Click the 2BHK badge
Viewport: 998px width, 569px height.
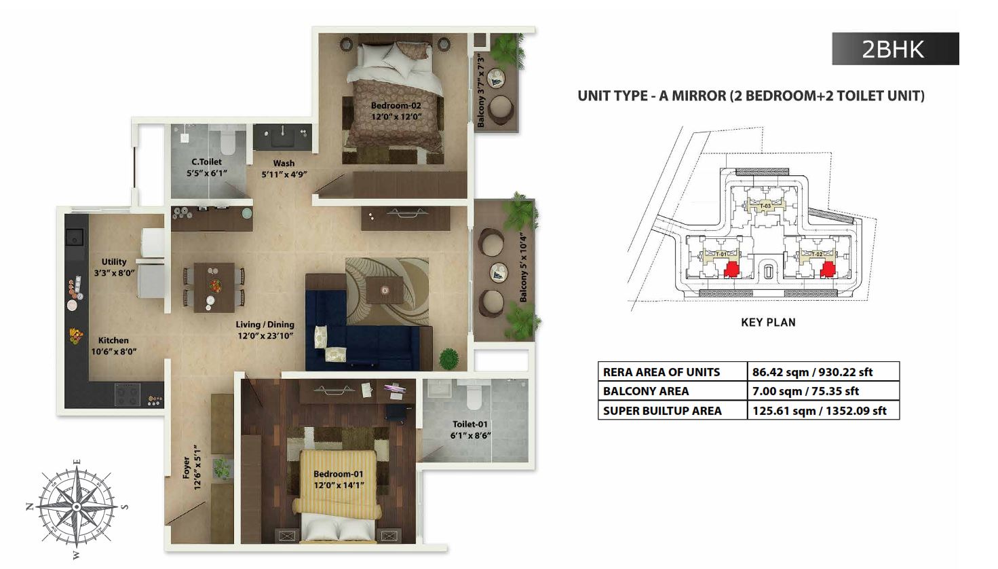[x=895, y=49]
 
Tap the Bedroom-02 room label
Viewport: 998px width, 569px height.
[x=396, y=111]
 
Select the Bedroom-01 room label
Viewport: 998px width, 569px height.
[x=339, y=479]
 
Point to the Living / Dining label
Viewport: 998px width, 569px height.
[x=265, y=330]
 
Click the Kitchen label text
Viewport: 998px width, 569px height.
[x=113, y=346]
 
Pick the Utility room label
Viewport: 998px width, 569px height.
[x=114, y=267]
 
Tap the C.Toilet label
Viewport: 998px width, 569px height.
[x=207, y=167]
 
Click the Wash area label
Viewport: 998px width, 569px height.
[x=284, y=168]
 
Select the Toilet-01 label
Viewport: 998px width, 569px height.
[x=470, y=430]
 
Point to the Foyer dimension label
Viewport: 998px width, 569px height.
[x=192, y=467]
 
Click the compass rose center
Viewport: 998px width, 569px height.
[x=77, y=507]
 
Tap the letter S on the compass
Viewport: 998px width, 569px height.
[x=126, y=507]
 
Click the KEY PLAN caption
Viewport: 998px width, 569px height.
[x=768, y=323]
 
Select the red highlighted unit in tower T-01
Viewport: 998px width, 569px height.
[x=731, y=270]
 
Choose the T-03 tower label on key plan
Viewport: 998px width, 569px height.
[x=765, y=206]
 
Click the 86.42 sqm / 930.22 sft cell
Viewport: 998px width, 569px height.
[x=812, y=372]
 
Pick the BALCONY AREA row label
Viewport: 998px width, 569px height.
[x=646, y=391]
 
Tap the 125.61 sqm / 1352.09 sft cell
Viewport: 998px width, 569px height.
[x=820, y=411]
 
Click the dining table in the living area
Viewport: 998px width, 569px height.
[x=214, y=287]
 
